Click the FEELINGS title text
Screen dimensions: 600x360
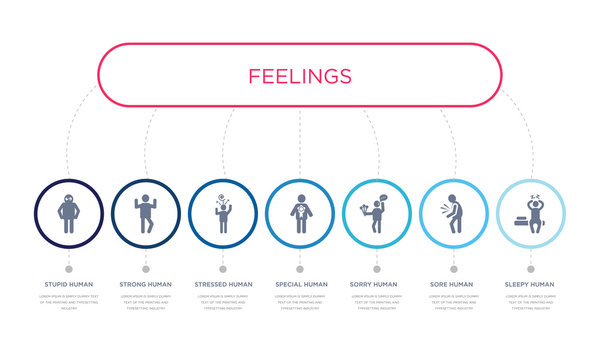[x=300, y=76]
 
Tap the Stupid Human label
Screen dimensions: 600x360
[x=68, y=284]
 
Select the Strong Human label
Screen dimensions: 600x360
[x=145, y=284]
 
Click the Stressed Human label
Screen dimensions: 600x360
[x=222, y=284]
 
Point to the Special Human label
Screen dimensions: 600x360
[x=300, y=284]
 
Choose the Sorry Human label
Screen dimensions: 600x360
[x=377, y=284]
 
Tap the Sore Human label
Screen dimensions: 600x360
[x=454, y=284]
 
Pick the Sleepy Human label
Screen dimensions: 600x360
[x=531, y=284]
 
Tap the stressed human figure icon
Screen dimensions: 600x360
[x=222, y=215]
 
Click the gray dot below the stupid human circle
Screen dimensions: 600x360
[x=68, y=268]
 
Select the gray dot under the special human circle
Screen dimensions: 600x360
[x=300, y=268]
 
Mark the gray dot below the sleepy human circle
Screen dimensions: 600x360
[x=531, y=268]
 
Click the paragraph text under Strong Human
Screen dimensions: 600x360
[x=145, y=303]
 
